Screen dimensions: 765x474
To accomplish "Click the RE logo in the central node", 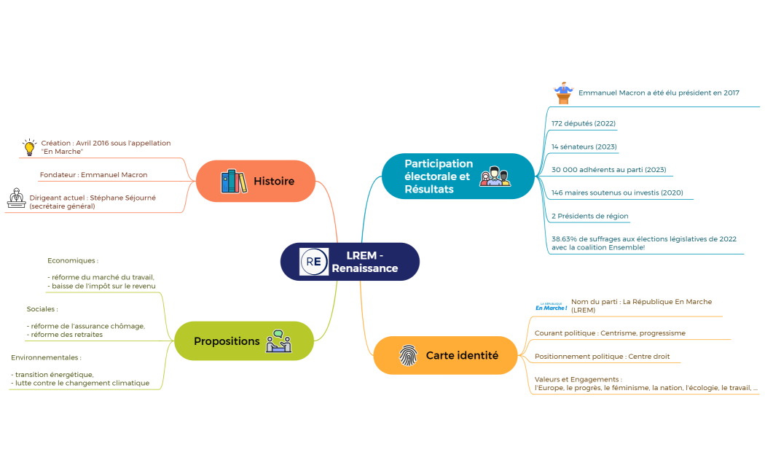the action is pos(314,262).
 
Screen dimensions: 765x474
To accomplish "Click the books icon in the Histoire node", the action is pos(234,181).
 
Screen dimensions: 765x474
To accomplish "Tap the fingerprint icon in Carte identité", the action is pos(408,355).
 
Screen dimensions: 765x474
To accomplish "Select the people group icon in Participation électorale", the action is pos(495,176).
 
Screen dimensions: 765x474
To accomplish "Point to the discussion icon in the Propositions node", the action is pos(278,341).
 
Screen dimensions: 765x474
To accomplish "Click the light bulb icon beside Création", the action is pos(29,147).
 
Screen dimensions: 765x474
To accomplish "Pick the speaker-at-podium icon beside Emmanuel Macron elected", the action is pos(563,93).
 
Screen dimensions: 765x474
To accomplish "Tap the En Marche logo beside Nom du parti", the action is pos(552,306).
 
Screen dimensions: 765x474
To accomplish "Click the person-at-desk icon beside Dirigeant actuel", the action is pos(16,198).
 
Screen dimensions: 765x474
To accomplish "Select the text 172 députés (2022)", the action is pos(584,123).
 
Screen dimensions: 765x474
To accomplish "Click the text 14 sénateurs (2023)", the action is pos(584,147).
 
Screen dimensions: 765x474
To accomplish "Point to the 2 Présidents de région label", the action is pos(590,216).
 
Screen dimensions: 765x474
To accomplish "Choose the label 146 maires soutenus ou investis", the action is pos(617,193).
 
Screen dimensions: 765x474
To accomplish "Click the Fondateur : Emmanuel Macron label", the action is pos(94,175).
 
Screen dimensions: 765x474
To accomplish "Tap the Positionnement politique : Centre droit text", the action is pos(602,357).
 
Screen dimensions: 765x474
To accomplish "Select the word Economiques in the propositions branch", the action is pos(71,260).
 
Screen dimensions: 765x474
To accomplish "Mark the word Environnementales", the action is pos(44,357).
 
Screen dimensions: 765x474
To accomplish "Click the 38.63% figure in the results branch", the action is pos(564,239).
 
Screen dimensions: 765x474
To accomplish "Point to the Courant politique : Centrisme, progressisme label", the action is pos(610,333).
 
